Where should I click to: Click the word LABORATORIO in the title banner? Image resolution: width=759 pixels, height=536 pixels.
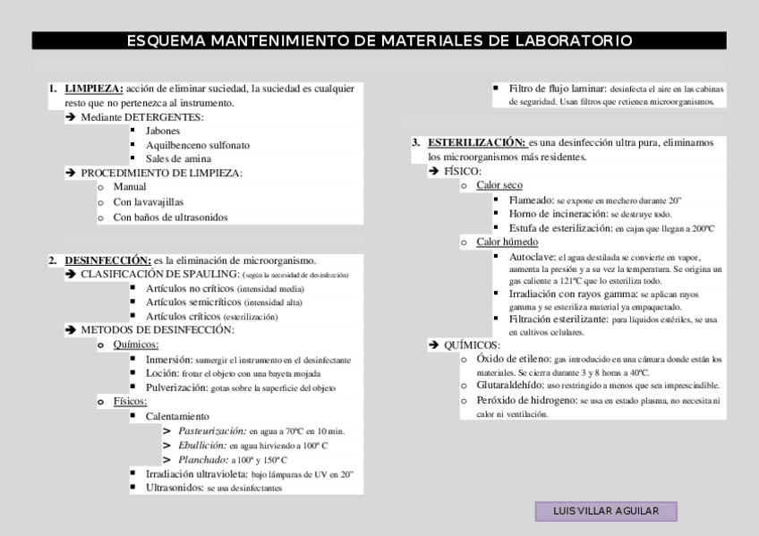(573, 41)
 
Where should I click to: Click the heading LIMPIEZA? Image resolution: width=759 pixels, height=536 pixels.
(94, 89)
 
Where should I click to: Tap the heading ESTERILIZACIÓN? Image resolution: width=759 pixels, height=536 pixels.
(476, 142)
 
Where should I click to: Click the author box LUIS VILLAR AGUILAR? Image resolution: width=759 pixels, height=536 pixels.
(606, 511)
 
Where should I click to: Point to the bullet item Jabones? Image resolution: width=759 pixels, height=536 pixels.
(163, 131)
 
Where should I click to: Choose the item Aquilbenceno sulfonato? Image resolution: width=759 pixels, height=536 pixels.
(198, 145)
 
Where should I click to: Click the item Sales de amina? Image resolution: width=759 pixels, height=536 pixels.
(179, 159)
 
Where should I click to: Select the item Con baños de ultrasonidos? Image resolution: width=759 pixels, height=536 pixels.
(170, 217)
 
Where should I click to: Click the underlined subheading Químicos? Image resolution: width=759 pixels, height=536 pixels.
(136, 345)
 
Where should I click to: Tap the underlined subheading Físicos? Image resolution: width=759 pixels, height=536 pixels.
(130, 402)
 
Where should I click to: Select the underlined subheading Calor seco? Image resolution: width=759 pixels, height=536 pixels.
(499, 185)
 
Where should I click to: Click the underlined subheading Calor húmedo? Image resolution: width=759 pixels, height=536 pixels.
(507, 242)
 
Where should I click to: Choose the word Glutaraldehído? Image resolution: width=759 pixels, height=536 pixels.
(514, 386)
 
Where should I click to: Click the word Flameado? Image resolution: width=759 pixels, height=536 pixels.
(531, 200)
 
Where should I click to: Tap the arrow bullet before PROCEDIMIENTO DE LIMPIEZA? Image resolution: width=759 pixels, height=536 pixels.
(70, 174)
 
